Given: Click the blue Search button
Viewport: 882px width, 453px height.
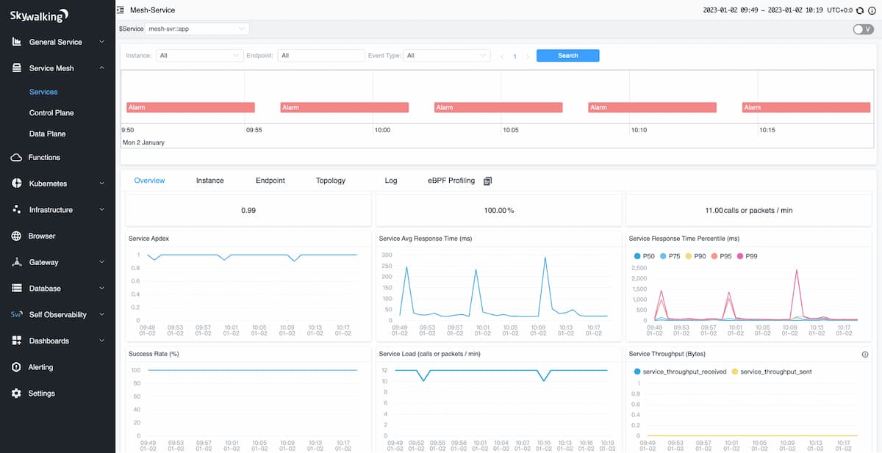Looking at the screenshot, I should (567, 56).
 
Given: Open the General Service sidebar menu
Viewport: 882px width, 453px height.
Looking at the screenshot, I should (56, 42).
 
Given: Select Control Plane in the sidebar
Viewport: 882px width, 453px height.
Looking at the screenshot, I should (51, 113).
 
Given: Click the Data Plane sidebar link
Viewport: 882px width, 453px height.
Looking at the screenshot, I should (47, 134).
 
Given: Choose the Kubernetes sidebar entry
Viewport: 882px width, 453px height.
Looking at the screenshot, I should (48, 184).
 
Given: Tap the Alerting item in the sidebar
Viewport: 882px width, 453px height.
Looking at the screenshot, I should (40, 367).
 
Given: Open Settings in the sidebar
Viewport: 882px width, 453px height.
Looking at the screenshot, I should (41, 394).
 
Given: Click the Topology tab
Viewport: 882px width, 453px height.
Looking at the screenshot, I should (330, 181).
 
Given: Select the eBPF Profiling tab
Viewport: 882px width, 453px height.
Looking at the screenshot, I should (451, 181).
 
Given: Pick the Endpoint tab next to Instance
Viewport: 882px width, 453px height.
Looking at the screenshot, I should (270, 181).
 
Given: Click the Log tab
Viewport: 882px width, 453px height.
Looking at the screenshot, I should (390, 181).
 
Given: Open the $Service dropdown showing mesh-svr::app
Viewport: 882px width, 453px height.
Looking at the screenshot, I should (196, 29).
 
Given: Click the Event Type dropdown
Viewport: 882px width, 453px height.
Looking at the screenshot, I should (447, 56).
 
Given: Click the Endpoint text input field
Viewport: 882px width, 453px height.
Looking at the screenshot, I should (321, 56).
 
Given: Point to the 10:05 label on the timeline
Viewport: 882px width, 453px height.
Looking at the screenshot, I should (510, 130).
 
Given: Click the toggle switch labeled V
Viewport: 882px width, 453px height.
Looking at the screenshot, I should (863, 29).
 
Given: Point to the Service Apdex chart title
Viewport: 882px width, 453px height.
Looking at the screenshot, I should (149, 239).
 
